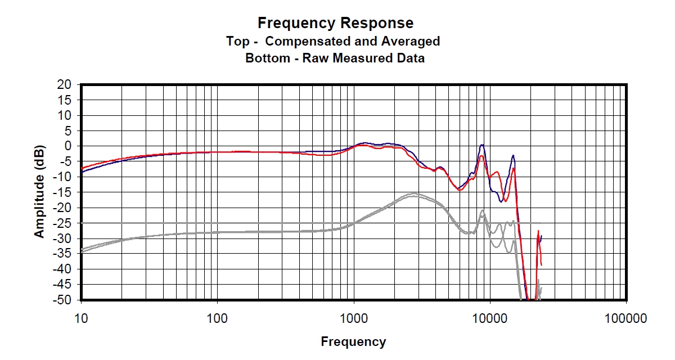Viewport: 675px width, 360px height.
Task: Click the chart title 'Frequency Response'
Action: point(335,23)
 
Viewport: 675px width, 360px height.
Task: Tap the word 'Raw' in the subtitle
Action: point(317,58)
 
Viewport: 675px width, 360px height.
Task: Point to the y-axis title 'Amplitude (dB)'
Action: point(39,192)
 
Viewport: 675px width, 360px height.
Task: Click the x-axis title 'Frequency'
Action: point(353,341)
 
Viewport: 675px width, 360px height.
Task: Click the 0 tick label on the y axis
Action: point(70,146)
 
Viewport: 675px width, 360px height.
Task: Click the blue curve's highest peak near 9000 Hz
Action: point(482,145)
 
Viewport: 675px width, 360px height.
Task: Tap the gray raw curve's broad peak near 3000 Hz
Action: point(415,194)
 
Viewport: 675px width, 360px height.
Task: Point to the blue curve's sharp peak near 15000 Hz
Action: point(513,156)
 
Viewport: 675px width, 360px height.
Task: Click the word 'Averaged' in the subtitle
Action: point(413,41)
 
